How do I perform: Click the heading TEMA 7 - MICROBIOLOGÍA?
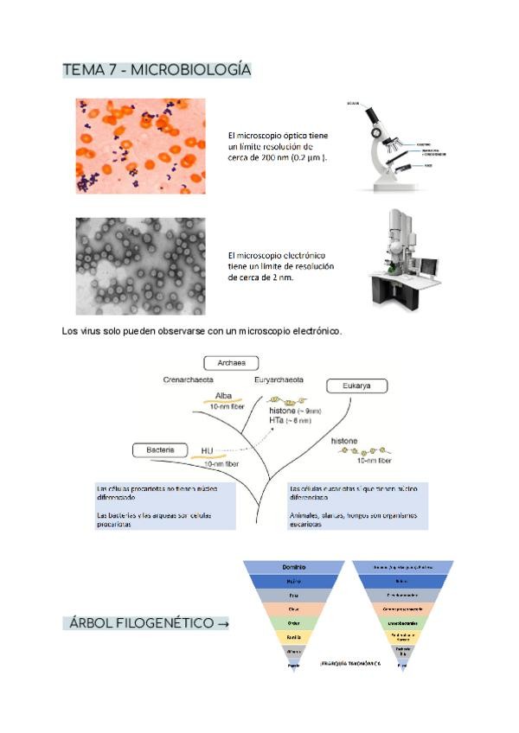157,70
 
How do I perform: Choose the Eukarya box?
356,386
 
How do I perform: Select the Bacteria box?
161,449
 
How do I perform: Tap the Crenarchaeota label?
189,379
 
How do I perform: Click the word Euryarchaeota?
279,379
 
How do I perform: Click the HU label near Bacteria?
207,451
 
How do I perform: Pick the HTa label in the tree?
279,419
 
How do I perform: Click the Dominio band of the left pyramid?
293,567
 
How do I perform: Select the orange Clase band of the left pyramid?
293,609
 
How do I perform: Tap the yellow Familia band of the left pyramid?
293,636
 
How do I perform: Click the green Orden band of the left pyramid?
293,622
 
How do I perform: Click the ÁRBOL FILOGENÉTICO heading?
146,623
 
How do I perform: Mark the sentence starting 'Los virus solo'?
202,331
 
